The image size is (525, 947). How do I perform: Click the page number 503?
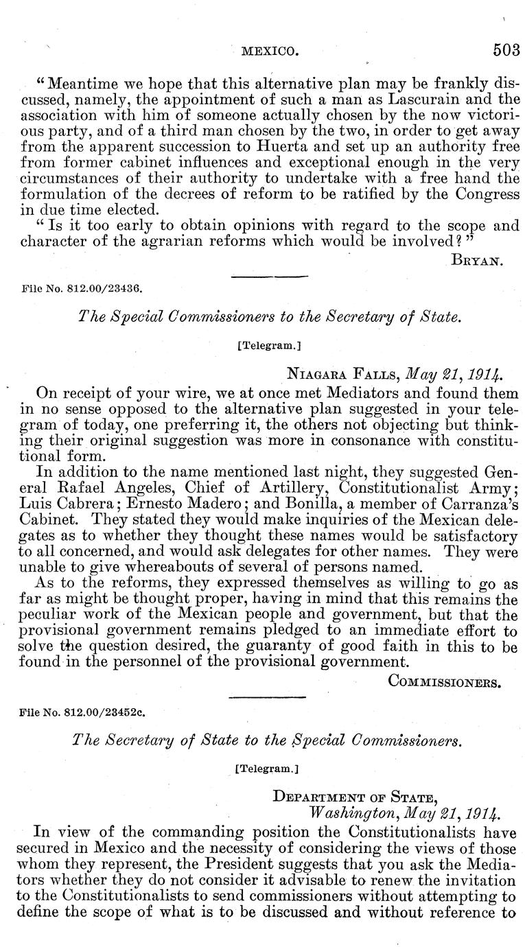(x=506, y=50)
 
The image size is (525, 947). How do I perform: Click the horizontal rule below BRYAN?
(x=269, y=276)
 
